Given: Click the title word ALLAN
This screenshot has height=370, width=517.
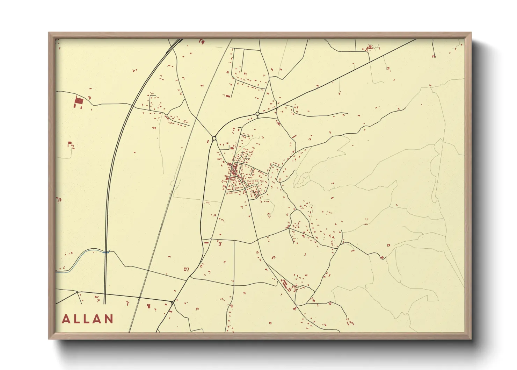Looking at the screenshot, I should click(88, 319).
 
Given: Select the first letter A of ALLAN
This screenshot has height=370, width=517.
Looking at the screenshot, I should click(66, 319).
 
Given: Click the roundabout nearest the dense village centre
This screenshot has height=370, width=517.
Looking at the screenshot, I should click(214, 138).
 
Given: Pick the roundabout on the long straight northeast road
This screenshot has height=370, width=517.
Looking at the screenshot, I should click(257, 114).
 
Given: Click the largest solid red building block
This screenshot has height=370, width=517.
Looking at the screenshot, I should click(79, 101).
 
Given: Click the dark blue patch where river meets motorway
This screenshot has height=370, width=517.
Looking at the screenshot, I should click(106, 251).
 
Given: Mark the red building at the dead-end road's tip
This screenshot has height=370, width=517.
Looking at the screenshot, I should click(434, 56).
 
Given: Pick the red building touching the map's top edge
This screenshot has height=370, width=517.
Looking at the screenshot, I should click(201, 41).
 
